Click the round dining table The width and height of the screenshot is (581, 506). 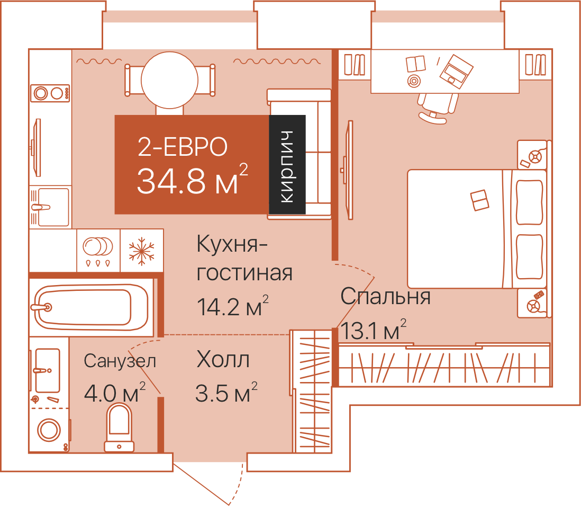pos(169,80)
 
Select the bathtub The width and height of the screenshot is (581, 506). pos(91,307)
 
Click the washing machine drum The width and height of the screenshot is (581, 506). pos(49,430)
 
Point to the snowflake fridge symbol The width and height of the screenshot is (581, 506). pos(141,251)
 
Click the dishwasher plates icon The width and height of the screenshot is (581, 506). pos(98,251)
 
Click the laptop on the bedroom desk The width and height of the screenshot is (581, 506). pos(456,72)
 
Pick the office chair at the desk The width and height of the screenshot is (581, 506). pos(437,108)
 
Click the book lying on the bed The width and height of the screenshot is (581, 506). pos(480,200)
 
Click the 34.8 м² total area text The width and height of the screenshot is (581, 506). pos(192,180)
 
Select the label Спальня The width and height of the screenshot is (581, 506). pos(385,296)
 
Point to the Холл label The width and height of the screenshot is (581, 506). pos(223,359)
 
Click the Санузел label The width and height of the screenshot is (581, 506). pos(120,361)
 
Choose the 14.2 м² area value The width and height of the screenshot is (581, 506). pos(232,306)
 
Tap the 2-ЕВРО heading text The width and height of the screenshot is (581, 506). pos(183,147)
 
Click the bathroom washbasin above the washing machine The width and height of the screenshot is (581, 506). pos(47,370)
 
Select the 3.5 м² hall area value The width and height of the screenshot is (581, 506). pos(226,393)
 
